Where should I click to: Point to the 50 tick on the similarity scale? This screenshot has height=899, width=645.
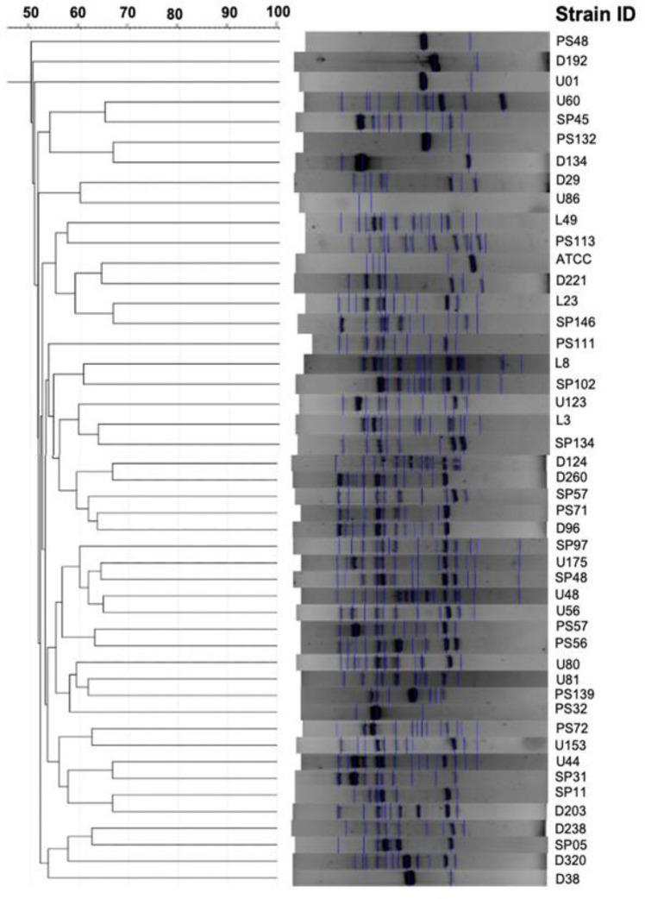(x=29, y=13)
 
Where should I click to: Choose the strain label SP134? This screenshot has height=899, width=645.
(x=573, y=443)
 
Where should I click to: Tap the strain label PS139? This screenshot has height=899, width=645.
(x=573, y=694)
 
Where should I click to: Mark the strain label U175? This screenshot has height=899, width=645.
(x=571, y=563)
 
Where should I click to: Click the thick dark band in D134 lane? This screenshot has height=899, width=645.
(x=361, y=161)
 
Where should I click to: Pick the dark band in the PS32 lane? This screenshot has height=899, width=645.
(x=375, y=712)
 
